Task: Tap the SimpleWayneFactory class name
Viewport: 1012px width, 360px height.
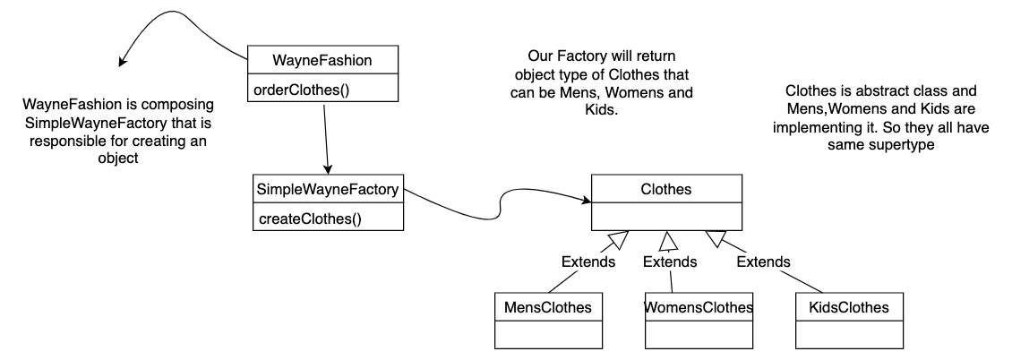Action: (x=328, y=190)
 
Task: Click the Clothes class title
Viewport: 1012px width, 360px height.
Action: (x=666, y=189)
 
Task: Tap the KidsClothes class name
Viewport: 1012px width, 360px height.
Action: (x=846, y=307)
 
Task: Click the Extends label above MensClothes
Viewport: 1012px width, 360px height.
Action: (x=587, y=262)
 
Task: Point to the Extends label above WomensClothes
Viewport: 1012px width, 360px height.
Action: (x=670, y=262)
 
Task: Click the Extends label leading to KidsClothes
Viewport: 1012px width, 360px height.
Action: (x=763, y=262)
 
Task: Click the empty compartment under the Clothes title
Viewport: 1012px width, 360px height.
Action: (x=666, y=217)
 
